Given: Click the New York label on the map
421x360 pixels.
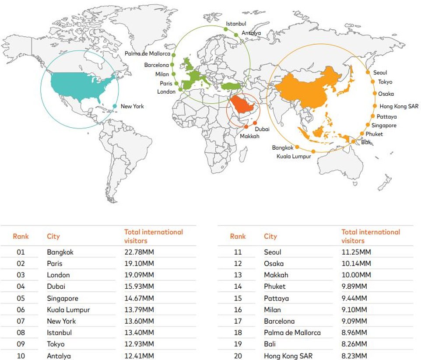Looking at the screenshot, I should point(132,106).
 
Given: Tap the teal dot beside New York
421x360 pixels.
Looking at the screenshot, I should point(115,106).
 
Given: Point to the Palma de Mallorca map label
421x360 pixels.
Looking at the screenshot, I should point(147,54).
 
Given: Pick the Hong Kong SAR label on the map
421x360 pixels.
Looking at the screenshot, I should point(399,106).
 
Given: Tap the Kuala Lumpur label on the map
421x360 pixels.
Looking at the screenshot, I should point(294,156).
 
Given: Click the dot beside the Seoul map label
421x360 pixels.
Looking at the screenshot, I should point(368,73).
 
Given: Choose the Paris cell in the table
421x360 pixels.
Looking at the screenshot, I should point(55,263).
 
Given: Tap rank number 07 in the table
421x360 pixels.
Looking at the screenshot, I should point(21,321).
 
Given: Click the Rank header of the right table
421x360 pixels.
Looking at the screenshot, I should point(238,236).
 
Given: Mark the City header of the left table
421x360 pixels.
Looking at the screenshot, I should point(53,236).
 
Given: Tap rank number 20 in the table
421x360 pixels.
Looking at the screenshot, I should point(238,356).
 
